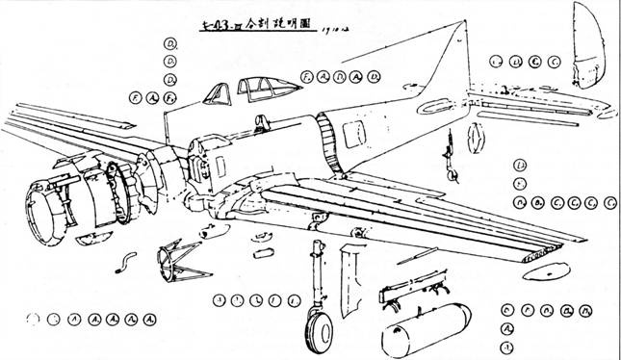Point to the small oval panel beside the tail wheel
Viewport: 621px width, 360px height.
pyautogui.click(x=475, y=137)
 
